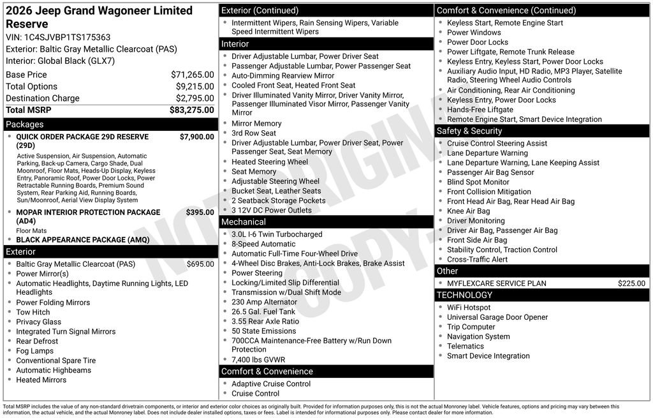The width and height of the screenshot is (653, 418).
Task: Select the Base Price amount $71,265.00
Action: (192, 75)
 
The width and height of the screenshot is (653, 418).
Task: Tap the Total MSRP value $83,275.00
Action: (191, 110)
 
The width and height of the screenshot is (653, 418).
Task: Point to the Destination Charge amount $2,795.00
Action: (194, 98)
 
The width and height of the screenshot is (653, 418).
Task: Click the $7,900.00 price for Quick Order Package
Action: (196, 137)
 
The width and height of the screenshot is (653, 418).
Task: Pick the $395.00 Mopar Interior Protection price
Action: (200, 212)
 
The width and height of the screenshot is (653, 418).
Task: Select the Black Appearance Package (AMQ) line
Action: (82, 240)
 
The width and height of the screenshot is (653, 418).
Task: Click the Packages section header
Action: (25, 124)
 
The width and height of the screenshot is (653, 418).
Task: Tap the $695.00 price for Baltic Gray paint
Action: (200, 264)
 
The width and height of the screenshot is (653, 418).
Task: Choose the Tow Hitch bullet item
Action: (33, 312)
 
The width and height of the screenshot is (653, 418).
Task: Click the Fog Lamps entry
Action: (35, 351)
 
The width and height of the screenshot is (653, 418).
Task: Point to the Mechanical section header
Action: (244, 222)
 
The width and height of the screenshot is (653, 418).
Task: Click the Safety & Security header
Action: (469, 131)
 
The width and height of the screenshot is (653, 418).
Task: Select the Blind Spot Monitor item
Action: (478, 182)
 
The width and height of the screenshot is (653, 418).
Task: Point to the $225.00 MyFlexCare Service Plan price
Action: (631, 283)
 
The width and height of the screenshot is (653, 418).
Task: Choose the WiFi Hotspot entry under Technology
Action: (469, 308)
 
